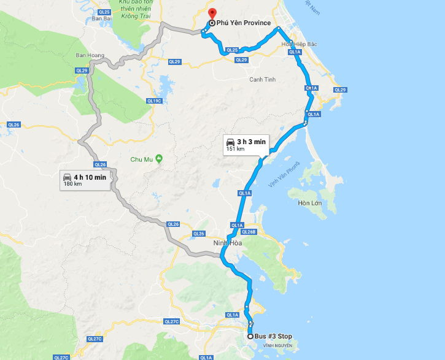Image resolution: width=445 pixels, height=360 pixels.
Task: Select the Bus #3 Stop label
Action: [274, 336]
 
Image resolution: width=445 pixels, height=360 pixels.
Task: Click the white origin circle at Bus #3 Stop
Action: [250, 336]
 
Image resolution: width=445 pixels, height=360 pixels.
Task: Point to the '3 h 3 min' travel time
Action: [252, 142]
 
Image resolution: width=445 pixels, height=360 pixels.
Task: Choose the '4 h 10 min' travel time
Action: [90, 177]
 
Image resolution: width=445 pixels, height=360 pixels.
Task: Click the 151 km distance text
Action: [236, 149]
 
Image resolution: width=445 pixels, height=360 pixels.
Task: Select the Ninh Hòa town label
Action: [227, 243]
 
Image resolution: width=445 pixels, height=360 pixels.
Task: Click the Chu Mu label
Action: [141, 159]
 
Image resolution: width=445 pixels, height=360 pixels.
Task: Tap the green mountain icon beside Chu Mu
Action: [159, 159]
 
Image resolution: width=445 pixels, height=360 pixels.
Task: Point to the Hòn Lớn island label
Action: [310, 203]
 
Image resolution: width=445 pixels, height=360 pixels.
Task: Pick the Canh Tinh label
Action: [262, 80]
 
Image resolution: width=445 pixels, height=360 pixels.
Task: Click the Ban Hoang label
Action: [88, 55]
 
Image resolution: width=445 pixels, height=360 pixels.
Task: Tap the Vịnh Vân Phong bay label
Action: [284, 175]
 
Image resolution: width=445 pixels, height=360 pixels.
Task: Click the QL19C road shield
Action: [153, 101]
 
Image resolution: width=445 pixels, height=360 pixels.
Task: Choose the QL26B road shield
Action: [249, 232]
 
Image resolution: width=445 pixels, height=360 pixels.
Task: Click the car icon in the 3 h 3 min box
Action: [230, 142]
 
